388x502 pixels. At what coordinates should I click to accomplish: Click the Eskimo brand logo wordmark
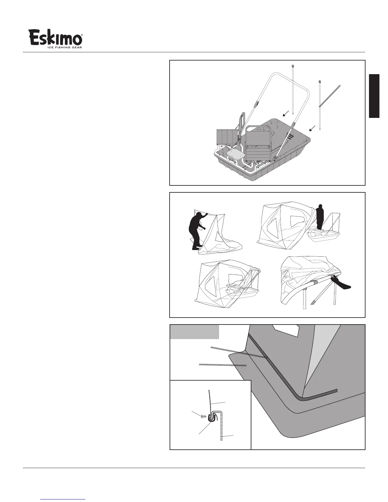tap(56, 37)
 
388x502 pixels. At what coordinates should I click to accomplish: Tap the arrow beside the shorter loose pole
tap(313, 128)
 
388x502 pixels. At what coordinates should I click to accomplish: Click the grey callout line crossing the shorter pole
tap(330, 96)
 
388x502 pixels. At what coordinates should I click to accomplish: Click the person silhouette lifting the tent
tap(196, 231)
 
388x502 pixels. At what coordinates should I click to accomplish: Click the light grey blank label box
tap(195, 332)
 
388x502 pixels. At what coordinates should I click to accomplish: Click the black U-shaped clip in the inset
tap(211, 418)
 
